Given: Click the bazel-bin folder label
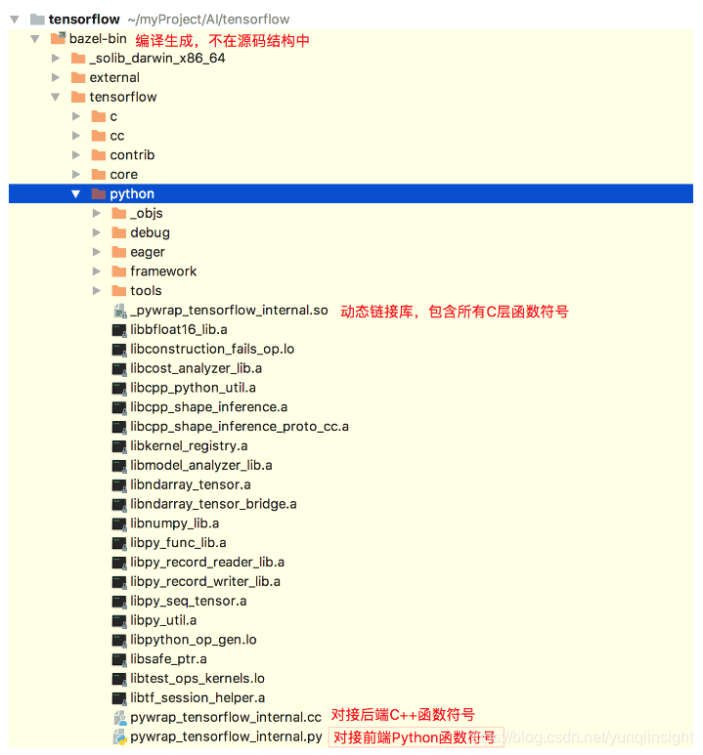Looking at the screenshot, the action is coord(98,39).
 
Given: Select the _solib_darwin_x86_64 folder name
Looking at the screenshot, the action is coord(156,59).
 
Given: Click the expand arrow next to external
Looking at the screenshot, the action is coord(56,77).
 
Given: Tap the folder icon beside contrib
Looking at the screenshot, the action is coord(99,155).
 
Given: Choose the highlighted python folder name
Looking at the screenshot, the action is coord(132,193).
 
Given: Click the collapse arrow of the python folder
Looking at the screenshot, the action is coord(76,193).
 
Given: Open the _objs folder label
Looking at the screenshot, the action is coord(147,213).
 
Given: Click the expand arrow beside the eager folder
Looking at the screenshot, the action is coord(96,252).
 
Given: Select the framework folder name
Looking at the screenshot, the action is coord(163,272).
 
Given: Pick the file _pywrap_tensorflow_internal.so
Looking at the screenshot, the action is coord(229,311).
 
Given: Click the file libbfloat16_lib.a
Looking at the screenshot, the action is coord(178,330).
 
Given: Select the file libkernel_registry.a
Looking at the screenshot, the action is coord(189,445).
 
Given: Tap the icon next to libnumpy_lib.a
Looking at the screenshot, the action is coord(119,524).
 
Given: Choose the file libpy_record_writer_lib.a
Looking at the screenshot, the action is coord(205,581).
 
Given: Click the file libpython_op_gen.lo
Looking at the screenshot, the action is coord(193,640).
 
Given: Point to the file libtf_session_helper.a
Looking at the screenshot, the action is coord(198,697).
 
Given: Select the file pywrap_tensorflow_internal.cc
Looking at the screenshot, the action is coord(225,717).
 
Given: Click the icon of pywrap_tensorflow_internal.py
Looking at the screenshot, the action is coord(119,736).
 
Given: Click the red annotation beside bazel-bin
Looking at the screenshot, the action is coord(222,40).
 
